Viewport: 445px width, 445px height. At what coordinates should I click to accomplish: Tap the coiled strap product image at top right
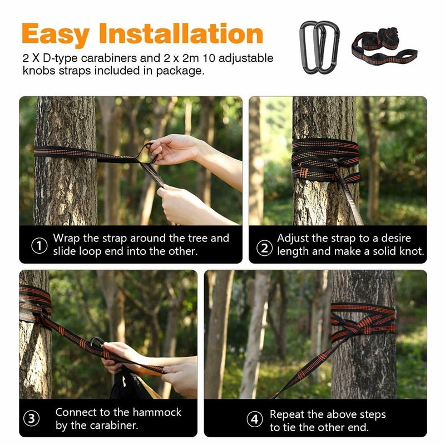tap(384, 47)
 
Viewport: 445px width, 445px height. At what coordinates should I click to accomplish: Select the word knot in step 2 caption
tap(410, 251)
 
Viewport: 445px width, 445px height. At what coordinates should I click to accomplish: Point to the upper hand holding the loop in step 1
tap(172, 149)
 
